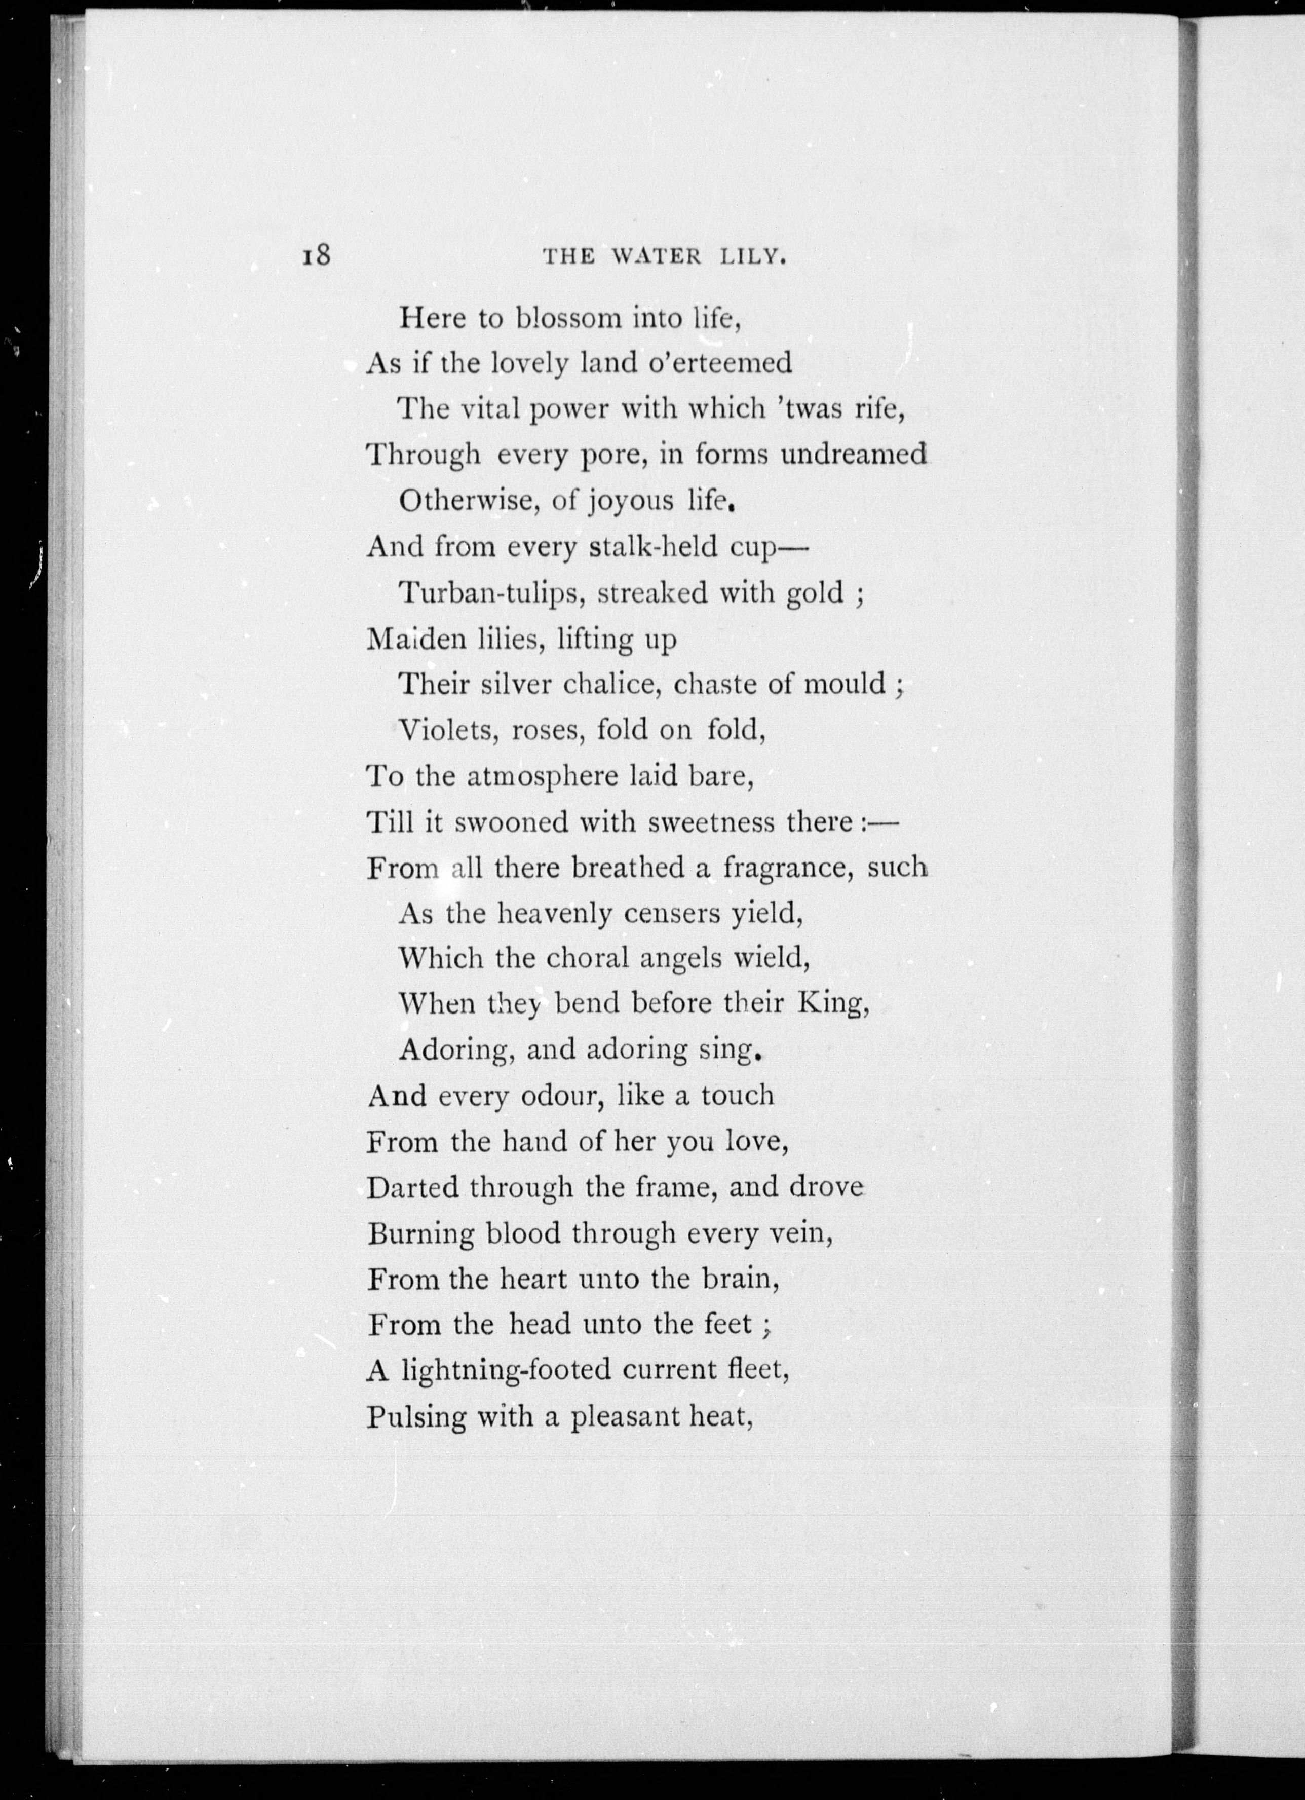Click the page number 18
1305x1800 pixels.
[315, 256]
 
